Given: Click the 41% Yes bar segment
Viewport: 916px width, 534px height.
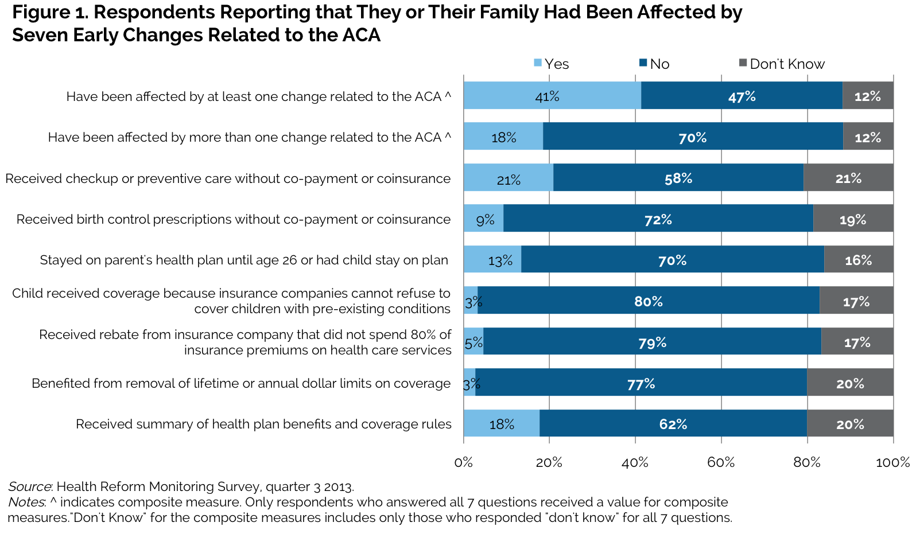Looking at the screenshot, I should tap(552, 96).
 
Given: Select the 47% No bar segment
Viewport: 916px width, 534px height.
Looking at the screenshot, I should tap(742, 96).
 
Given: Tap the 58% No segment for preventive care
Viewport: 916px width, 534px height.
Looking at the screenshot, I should tap(678, 178).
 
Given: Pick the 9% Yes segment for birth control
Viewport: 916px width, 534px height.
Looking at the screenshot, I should tap(484, 219).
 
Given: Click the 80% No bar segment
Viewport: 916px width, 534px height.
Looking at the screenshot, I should tap(648, 301).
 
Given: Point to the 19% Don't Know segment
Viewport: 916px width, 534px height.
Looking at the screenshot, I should tap(853, 219).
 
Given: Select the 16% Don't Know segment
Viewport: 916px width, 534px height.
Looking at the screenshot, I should tap(858, 260).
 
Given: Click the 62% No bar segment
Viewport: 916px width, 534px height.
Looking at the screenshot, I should tap(673, 423).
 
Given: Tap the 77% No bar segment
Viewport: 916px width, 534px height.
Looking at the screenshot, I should tap(641, 383).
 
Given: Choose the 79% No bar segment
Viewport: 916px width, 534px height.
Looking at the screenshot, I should tap(652, 342).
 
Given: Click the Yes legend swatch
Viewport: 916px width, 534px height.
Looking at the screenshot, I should tap(538, 63).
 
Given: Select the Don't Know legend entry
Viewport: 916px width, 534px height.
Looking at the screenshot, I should tap(786, 64).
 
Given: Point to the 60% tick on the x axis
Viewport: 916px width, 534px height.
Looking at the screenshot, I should tap(721, 462).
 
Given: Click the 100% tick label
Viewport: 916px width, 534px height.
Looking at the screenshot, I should tap(892, 462).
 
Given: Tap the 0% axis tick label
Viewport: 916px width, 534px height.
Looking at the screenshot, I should tap(463, 462).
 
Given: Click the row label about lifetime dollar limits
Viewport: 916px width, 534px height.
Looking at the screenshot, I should tap(241, 383).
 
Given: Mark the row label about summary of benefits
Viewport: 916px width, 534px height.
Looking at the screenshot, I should tap(263, 424).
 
